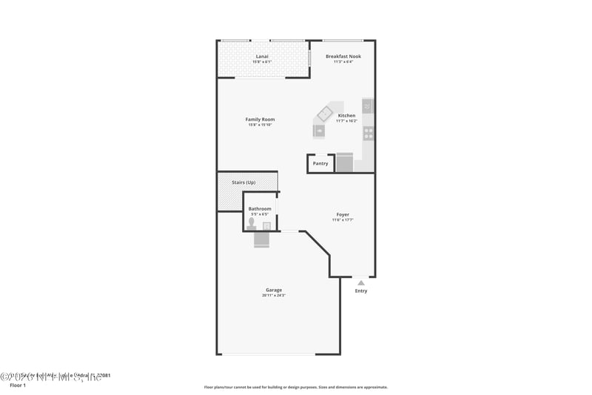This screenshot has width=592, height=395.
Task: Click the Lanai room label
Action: (x=262, y=56)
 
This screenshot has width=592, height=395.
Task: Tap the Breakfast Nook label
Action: (x=343, y=56)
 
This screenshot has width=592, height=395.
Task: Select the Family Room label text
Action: (x=260, y=119)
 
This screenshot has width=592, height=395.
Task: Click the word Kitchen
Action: (x=346, y=116)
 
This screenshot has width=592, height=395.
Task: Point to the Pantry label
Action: (x=320, y=164)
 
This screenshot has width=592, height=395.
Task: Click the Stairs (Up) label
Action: (x=243, y=182)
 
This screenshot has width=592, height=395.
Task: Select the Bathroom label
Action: (x=260, y=209)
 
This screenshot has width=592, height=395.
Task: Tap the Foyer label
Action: (x=343, y=215)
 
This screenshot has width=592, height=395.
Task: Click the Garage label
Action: (x=274, y=290)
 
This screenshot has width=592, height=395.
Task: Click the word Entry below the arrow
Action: (x=360, y=291)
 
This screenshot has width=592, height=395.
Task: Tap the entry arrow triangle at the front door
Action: (x=360, y=282)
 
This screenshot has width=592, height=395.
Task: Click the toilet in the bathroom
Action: (x=252, y=223)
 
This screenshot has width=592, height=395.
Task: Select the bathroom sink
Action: (x=267, y=225)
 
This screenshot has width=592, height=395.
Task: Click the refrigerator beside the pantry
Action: (x=344, y=163)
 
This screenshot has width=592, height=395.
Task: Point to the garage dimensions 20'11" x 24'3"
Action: (x=274, y=296)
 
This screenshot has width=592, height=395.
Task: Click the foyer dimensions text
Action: (x=343, y=220)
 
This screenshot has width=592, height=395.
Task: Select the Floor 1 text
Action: (x=17, y=385)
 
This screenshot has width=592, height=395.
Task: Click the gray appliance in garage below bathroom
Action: (x=262, y=239)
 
